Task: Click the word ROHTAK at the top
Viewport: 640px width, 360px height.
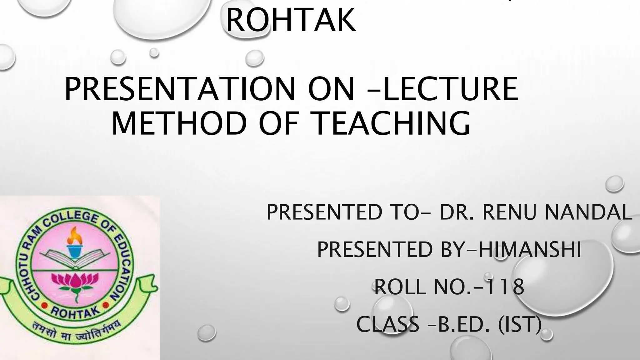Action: [x=291, y=19]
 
